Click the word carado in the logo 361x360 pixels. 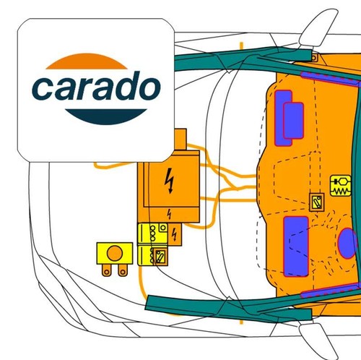coord(96,85)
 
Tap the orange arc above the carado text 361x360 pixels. coord(87,61)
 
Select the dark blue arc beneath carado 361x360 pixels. coord(106,116)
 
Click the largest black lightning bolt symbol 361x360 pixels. coord(170,181)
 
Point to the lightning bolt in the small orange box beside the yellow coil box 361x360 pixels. coord(175,234)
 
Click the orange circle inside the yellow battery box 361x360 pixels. coord(115,253)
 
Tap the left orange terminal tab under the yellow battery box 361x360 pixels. coord(107,270)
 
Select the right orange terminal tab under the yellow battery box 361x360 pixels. coord(123,270)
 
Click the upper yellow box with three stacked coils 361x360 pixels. coord(152,234)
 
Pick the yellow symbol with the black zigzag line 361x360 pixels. coord(341,186)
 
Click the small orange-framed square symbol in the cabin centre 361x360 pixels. coord(316,202)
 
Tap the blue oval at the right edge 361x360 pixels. coord(347,243)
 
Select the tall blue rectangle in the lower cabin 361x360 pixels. coord(296,247)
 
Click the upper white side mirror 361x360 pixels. coord(316,27)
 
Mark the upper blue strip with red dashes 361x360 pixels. coord(331,79)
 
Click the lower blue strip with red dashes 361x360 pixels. coord(331,291)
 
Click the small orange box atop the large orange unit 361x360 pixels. coord(180,140)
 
